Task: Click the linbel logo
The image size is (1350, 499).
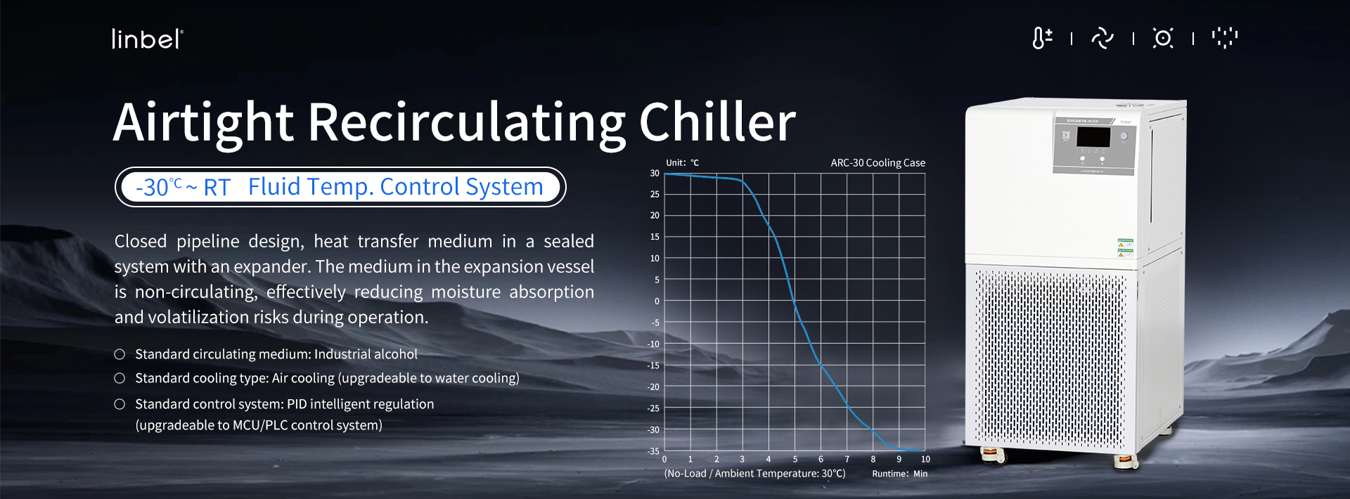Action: point(147,39)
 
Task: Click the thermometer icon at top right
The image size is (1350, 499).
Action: point(1041,38)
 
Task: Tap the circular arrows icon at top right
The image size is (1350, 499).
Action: point(1102,38)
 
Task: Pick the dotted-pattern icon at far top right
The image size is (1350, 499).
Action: point(1224,38)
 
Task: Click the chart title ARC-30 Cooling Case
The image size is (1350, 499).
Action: point(877,163)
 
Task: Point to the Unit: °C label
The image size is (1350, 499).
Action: point(682,163)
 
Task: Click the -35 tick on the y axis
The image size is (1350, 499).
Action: point(653,451)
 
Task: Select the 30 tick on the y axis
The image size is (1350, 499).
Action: point(655,173)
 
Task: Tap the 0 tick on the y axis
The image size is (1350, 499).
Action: point(657,302)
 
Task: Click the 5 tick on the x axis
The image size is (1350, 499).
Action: point(795,460)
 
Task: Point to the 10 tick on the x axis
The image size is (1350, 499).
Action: point(925,460)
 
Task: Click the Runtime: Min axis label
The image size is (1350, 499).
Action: point(899,474)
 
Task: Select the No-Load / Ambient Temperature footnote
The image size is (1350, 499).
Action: point(754,474)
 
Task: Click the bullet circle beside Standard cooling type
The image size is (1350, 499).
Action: point(120,378)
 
